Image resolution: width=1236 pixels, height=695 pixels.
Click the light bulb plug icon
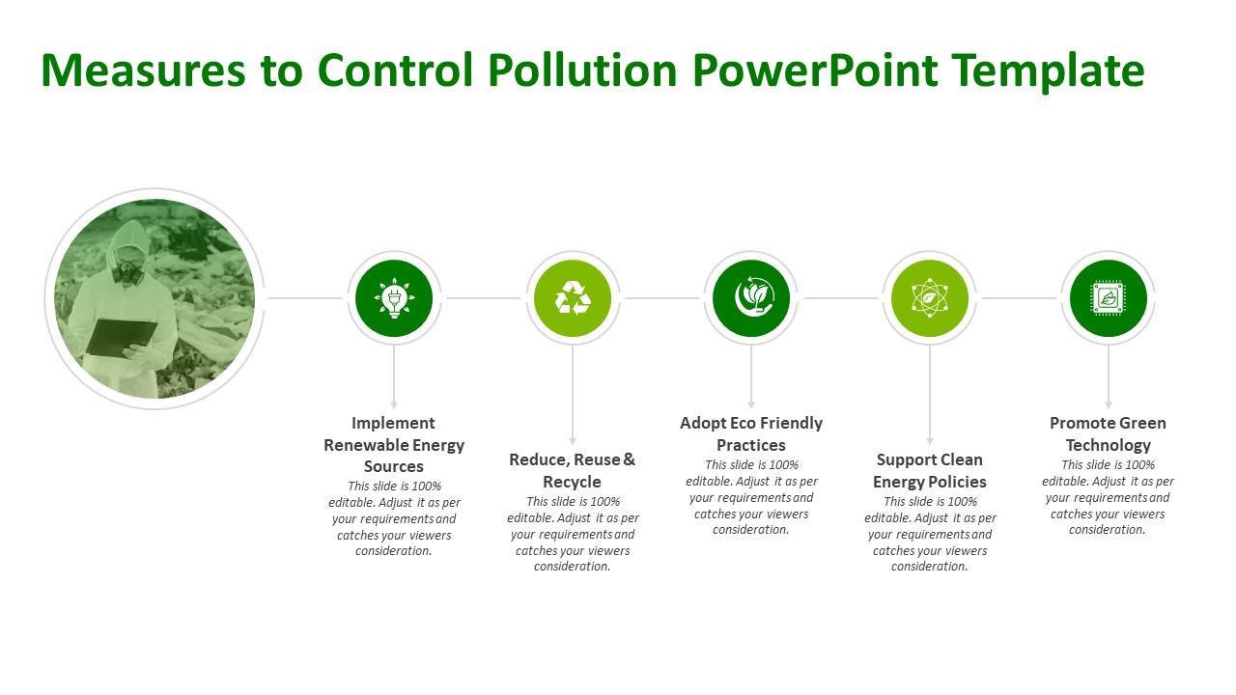pyautogui.click(x=394, y=298)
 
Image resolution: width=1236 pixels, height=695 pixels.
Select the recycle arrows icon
pyautogui.click(x=573, y=298)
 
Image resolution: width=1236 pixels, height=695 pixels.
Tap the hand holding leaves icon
pyautogui.click(x=751, y=298)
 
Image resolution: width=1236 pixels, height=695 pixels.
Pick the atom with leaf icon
pyautogui.click(x=930, y=298)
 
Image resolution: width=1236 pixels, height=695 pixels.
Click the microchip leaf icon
pyautogui.click(x=1109, y=298)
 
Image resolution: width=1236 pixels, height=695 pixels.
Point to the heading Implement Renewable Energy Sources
pyautogui.click(x=394, y=445)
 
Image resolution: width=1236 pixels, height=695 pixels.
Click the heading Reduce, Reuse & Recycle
pyautogui.click(x=573, y=470)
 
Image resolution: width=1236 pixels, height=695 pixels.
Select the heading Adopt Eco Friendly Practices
pyautogui.click(x=751, y=433)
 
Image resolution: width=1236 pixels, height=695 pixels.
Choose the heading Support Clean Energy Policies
pyautogui.click(x=930, y=470)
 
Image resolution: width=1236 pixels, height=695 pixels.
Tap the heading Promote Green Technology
pyautogui.click(x=1109, y=433)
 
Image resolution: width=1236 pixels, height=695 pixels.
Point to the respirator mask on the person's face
pyautogui.click(x=126, y=269)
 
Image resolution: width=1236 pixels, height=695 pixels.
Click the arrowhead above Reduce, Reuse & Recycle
pyautogui.click(x=573, y=440)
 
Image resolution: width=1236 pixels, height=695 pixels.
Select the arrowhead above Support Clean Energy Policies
pyautogui.click(x=930, y=440)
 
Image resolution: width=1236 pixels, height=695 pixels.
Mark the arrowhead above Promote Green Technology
pyautogui.click(x=1109, y=403)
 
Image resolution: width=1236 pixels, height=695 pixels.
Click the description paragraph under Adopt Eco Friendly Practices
pyautogui.click(x=751, y=497)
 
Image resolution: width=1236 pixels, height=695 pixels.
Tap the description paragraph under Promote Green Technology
pyautogui.click(x=1109, y=497)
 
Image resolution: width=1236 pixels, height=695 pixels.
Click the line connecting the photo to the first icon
pyautogui.click(x=304, y=298)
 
